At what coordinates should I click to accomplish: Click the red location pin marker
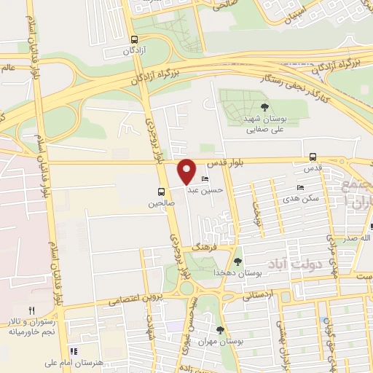point(187,171)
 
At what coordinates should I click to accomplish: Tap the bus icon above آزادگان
point(133,40)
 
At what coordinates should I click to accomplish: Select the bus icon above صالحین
point(161,192)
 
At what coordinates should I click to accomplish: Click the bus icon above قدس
point(313,157)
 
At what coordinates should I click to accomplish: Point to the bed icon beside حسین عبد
point(205,179)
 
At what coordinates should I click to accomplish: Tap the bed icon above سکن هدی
point(301,187)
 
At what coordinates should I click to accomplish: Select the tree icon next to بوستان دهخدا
point(237,261)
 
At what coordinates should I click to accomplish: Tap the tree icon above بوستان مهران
point(220,329)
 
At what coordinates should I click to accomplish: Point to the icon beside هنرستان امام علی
point(73,352)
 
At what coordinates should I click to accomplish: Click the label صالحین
point(161,205)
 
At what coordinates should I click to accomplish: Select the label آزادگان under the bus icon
point(133,52)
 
